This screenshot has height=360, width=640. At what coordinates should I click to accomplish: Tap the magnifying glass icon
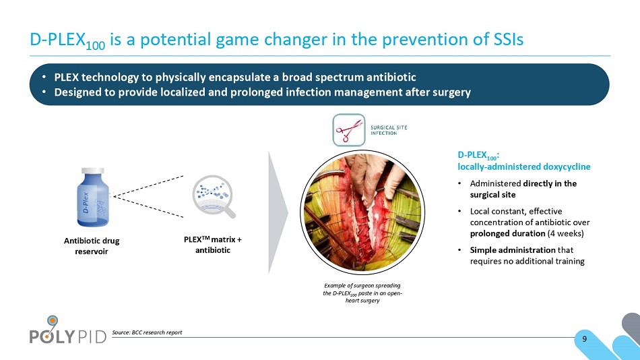click(x=214, y=197)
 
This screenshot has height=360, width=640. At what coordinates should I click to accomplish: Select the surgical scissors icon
click(x=348, y=130)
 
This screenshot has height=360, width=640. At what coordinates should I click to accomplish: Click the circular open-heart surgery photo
click(x=362, y=212)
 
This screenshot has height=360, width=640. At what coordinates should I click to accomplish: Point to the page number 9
click(x=585, y=338)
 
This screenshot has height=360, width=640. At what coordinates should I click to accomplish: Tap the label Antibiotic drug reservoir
click(x=92, y=246)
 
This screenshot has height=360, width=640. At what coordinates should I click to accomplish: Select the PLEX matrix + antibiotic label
click(x=213, y=245)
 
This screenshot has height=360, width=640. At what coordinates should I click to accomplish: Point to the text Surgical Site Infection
click(x=389, y=130)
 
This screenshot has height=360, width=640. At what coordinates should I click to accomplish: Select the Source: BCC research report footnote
click(x=147, y=332)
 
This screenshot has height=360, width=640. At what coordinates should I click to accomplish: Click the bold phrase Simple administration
click(x=513, y=249)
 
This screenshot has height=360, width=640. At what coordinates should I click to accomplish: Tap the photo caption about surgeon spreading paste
click(x=362, y=293)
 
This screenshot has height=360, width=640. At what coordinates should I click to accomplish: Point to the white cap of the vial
click(x=93, y=171)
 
